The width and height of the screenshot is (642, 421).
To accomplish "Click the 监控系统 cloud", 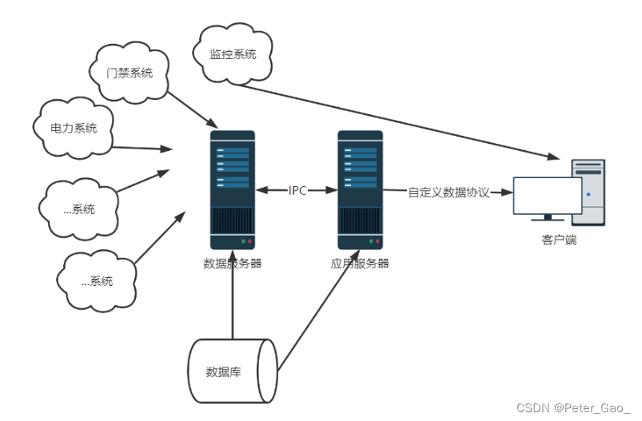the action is (233, 54).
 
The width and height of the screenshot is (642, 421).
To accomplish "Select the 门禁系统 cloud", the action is (129, 73).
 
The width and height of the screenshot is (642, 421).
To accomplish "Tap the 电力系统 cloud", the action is (74, 128).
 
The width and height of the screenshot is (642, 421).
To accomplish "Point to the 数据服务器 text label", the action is (233, 263).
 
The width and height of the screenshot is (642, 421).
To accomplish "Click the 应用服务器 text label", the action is (360, 263).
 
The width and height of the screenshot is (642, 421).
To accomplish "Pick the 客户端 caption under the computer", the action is (560, 240).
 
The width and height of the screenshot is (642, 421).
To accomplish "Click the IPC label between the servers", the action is (297, 191).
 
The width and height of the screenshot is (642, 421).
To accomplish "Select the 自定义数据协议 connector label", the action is (449, 193).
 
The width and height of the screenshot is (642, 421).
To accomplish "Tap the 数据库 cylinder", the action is (233, 371).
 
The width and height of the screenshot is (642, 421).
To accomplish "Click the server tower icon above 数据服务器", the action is (233, 190).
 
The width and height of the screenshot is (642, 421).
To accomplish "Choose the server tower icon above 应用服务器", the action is (361, 190).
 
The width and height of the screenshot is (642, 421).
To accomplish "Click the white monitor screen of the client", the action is (548, 196).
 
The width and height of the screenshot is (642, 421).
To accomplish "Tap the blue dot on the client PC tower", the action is (588, 194).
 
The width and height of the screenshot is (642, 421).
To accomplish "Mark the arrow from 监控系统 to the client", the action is (398, 121).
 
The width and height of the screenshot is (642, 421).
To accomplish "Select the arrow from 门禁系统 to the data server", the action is (193, 110).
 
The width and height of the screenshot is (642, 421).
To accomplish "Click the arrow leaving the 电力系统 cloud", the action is (142, 148).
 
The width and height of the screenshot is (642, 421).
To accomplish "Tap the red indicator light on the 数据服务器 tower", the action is (249, 241).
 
